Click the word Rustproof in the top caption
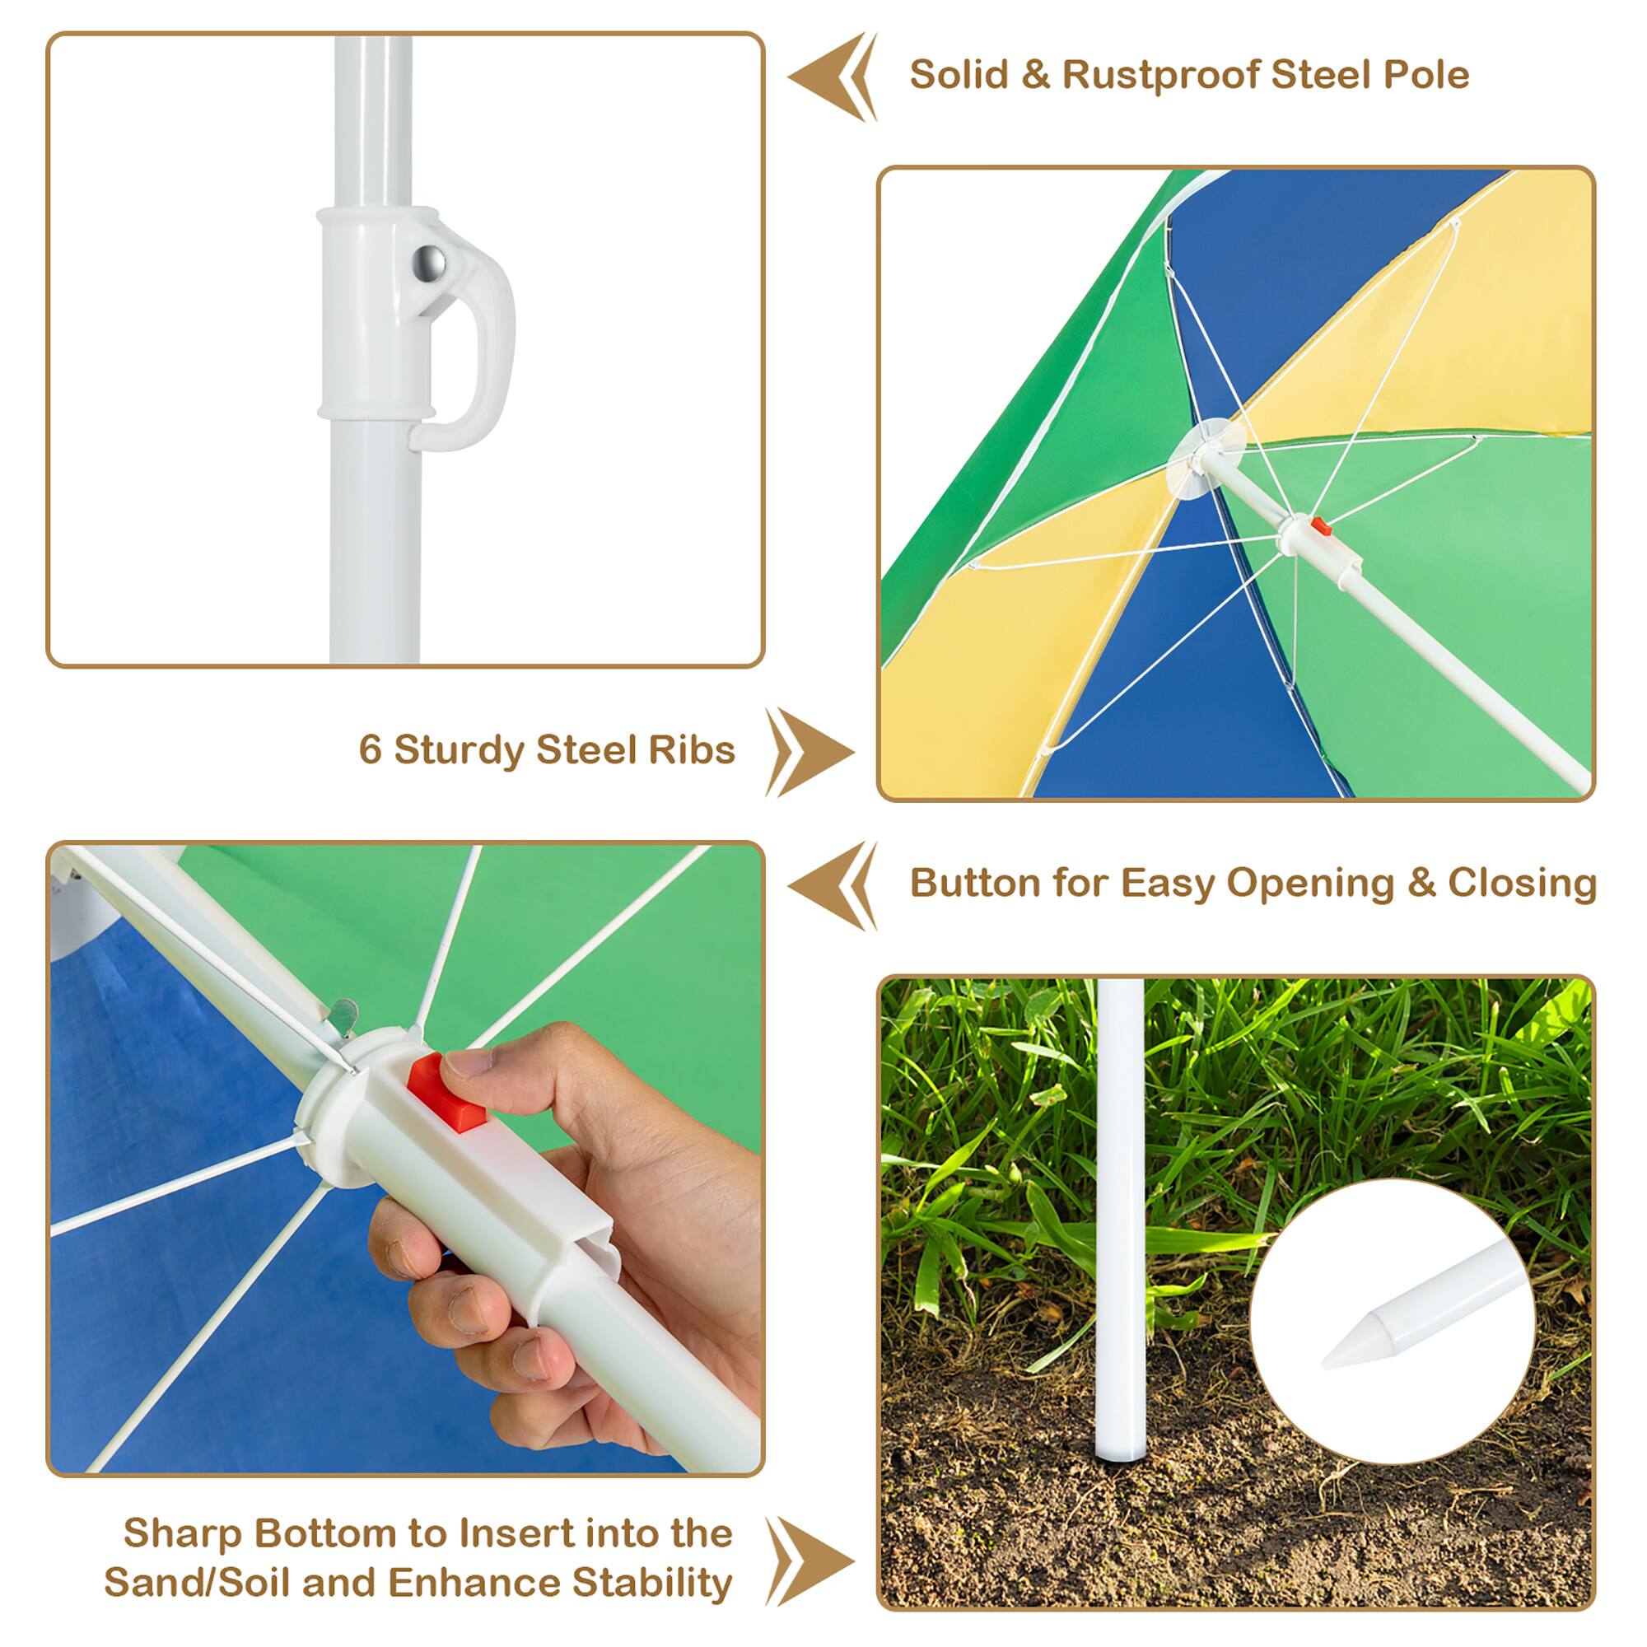1159,75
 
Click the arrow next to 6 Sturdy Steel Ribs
810,752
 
